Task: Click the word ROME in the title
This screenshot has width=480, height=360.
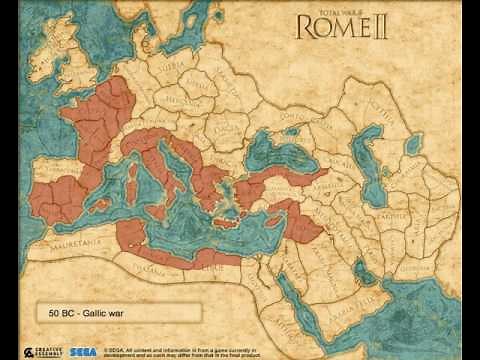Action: coord(338,27)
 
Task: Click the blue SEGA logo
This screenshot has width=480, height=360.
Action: coord(83,351)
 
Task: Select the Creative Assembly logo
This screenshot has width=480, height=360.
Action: coord(49,351)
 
